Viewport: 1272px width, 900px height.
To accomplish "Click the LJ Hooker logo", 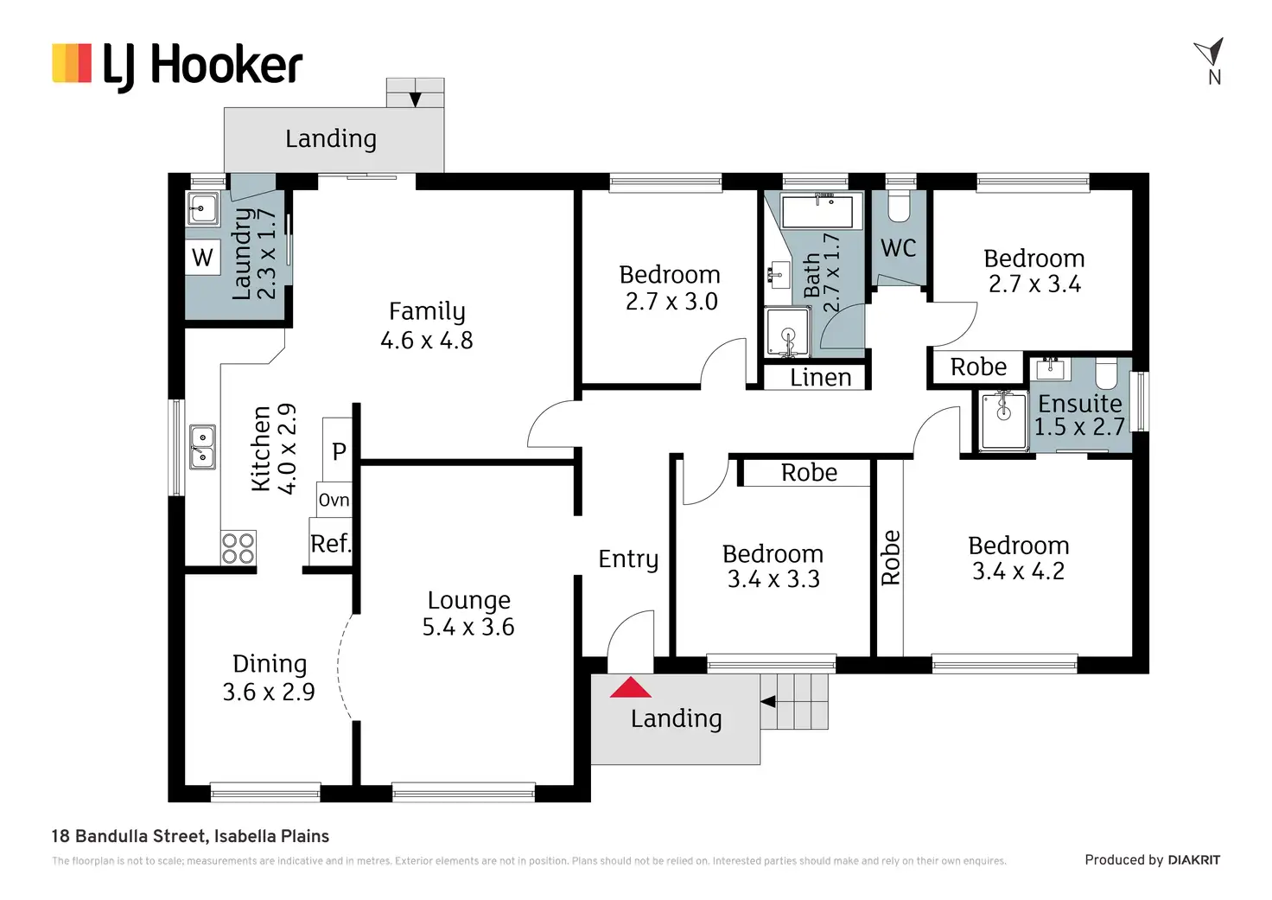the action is (177, 66).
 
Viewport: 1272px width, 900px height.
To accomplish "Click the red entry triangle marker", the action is (631, 687).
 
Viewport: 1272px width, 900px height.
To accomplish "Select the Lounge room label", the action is (468, 600).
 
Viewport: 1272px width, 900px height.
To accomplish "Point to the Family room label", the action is (427, 311).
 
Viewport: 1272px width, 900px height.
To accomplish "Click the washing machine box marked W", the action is (202, 258).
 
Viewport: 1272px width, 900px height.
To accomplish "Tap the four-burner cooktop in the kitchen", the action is (238, 548).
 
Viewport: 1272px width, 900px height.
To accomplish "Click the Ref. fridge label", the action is (330, 544).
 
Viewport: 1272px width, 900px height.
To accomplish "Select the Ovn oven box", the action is (334, 500).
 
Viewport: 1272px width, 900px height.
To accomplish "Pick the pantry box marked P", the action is (339, 450).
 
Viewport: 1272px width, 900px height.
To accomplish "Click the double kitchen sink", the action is (202, 447).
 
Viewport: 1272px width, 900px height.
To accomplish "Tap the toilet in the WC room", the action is (900, 206).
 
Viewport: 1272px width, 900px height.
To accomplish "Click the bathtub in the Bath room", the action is (816, 210).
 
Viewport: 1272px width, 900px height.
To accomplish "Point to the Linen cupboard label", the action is (820, 378).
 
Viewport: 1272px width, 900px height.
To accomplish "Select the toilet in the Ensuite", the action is (1106, 374).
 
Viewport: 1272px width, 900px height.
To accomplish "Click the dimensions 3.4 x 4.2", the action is (1018, 571).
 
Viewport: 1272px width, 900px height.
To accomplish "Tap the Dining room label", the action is (270, 664).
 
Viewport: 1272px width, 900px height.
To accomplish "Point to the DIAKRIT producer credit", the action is (1193, 860).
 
